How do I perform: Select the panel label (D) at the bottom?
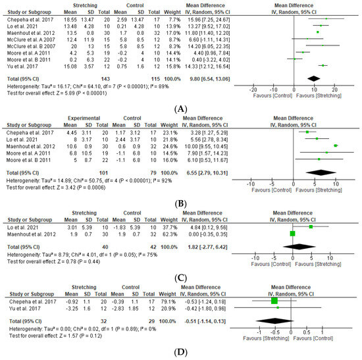click(x=180, y=352)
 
